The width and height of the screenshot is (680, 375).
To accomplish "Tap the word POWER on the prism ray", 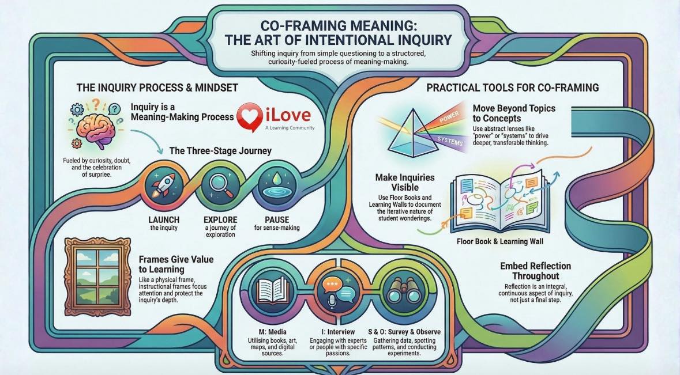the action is point(449,118).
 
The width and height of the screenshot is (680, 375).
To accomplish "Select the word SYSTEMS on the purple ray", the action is point(450,141).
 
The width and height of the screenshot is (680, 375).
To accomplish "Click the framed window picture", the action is point(97,276).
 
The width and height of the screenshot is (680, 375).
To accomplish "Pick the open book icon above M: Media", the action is point(272,290).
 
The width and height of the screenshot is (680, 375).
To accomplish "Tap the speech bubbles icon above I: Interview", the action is point(337,290).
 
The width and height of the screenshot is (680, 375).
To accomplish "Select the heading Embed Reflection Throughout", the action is point(536,271).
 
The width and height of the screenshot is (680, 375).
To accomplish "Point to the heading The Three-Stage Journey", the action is point(220,151).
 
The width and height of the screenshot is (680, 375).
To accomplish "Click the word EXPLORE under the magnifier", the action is point(220,219).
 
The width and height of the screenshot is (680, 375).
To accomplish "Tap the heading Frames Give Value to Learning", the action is point(176,264).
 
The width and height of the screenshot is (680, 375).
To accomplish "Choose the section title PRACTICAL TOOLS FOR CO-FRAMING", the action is point(513,88).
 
